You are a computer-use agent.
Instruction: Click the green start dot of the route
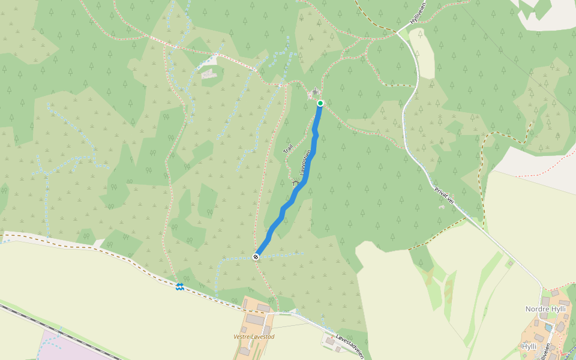(x=320, y=103)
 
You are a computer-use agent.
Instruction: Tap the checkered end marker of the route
(x=256, y=257)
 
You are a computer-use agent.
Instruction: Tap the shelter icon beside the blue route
(x=295, y=182)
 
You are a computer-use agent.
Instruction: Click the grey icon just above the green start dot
(x=316, y=91)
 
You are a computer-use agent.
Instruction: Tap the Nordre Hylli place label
(x=545, y=309)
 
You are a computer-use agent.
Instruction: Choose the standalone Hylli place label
(x=529, y=346)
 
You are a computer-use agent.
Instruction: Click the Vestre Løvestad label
(x=254, y=337)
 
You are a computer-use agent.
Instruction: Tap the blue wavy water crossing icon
(x=179, y=286)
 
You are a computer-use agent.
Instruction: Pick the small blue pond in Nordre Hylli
(x=548, y=328)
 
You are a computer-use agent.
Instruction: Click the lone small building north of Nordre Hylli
(x=511, y=263)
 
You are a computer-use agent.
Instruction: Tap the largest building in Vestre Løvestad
(x=255, y=320)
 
